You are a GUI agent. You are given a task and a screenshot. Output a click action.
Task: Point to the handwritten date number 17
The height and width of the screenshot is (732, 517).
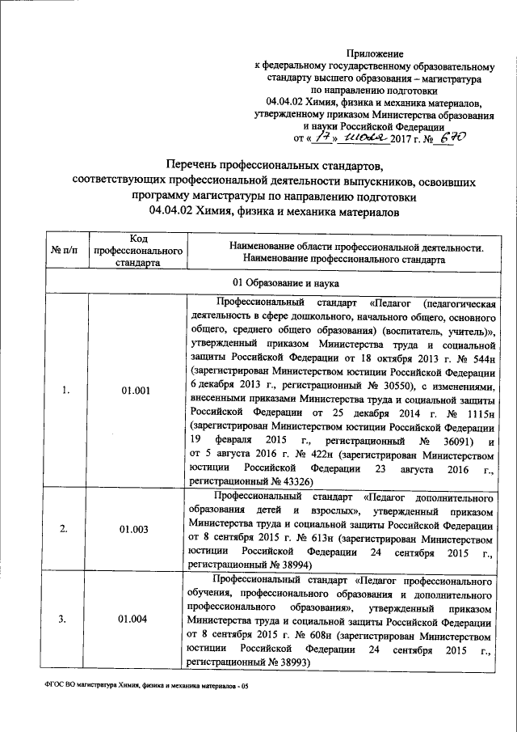coord(301,140)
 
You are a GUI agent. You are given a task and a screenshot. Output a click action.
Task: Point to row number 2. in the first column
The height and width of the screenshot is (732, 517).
coord(65,529)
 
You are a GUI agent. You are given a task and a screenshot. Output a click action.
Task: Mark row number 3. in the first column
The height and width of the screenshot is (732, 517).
coord(65,620)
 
